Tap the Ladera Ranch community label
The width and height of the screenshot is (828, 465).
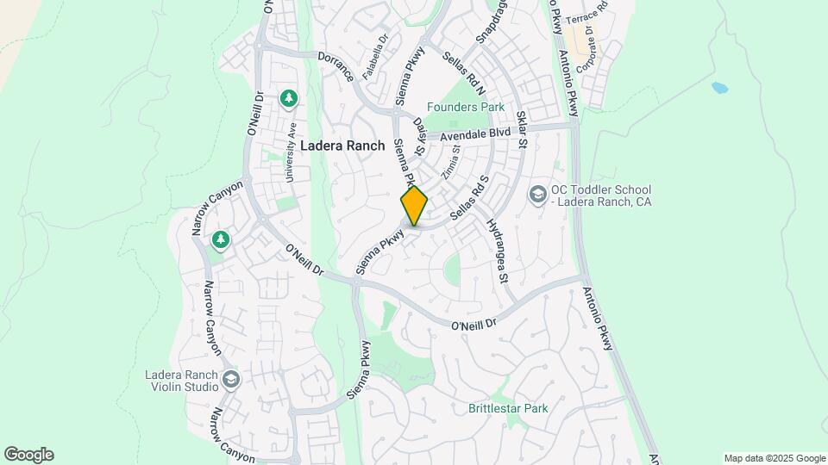point(342,146)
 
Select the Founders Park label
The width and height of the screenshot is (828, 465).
point(468,108)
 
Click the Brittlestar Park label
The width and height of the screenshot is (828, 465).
point(508,408)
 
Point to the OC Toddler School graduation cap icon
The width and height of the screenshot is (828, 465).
point(538,195)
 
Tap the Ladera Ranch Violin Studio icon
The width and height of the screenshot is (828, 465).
point(230,378)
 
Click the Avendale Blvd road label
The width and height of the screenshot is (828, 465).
point(475,135)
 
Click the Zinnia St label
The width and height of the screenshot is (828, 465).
point(450,161)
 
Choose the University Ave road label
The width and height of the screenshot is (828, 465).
point(292,152)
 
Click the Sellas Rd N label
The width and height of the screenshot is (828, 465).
point(464,73)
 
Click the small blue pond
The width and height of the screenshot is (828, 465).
point(718,88)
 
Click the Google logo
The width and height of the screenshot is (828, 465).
point(28,455)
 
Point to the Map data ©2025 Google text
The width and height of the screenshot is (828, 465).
point(774,458)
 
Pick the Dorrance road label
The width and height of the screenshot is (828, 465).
point(336,65)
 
